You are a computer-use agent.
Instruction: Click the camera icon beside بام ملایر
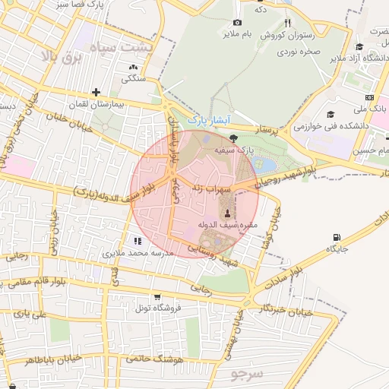237,23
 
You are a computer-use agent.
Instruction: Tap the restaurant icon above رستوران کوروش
287,23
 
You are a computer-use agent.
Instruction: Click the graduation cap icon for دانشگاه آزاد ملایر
360,47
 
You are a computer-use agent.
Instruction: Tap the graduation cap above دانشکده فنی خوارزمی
330,114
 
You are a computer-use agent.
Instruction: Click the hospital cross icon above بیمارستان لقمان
96,92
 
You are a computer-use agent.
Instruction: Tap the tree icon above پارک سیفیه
232,138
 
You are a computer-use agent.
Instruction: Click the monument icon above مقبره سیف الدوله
229,213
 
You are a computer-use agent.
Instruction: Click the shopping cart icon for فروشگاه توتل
157,296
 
